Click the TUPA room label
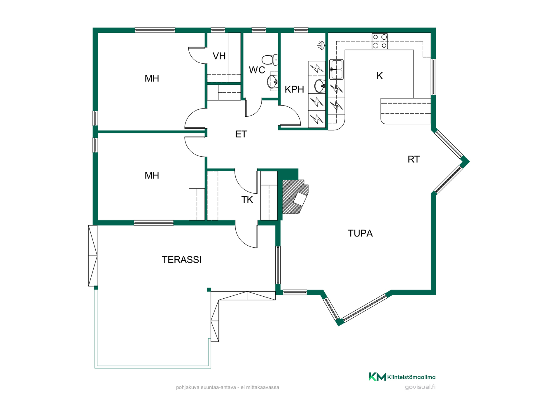(360, 233)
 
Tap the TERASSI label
(181, 260)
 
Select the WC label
(257, 70)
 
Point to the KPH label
(294, 89)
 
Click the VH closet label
(219, 56)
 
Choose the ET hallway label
(241, 134)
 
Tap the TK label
(247, 200)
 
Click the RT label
(414, 159)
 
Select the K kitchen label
(379, 76)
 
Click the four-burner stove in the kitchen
(380, 41)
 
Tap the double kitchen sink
(336, 69)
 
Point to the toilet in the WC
(270, 60)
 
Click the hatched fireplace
(295, 197)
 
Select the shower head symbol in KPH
(321, 45)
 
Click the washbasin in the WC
(273, 81)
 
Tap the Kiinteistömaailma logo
(402, 377)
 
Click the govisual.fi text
(420, 387)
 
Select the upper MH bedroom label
(152, 78)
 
